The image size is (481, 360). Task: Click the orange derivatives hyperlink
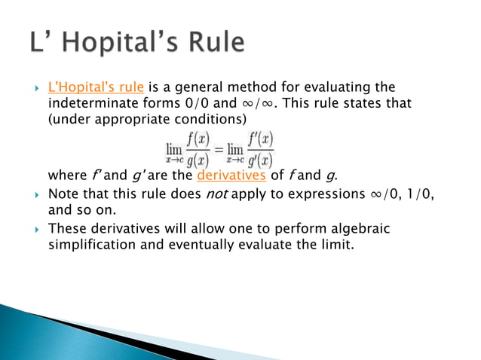(222, 175)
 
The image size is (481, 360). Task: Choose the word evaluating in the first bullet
(330, 88)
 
